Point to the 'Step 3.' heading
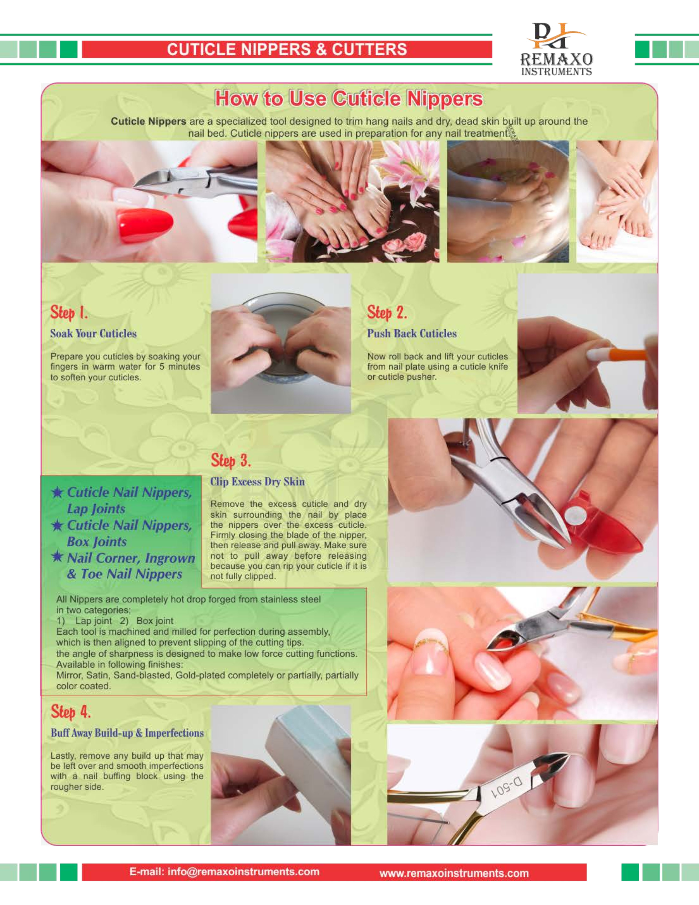click(231, 460)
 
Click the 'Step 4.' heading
click(70, 712)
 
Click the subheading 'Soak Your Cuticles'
click(93, 333)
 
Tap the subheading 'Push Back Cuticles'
click(412, 333)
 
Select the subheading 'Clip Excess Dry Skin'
click(257, 482)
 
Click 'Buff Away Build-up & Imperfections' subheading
click(127, 733)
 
